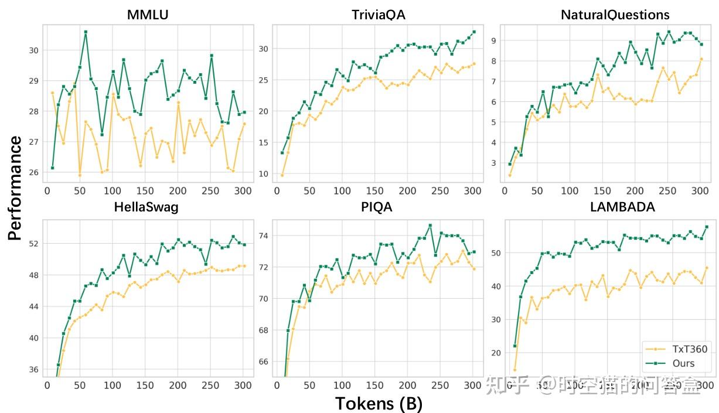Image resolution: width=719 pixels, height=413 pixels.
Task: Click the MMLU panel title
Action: point(147,15)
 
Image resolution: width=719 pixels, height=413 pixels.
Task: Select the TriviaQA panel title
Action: point(378,15)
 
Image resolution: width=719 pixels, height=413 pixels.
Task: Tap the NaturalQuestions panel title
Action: point(606,15)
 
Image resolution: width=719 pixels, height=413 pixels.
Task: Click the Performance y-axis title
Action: point(15,188)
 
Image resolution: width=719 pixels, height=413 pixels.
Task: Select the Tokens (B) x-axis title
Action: point(379,403)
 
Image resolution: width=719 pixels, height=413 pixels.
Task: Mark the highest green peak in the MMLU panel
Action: point(86,32)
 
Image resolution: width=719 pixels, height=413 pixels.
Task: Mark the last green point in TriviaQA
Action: point(474,32)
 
